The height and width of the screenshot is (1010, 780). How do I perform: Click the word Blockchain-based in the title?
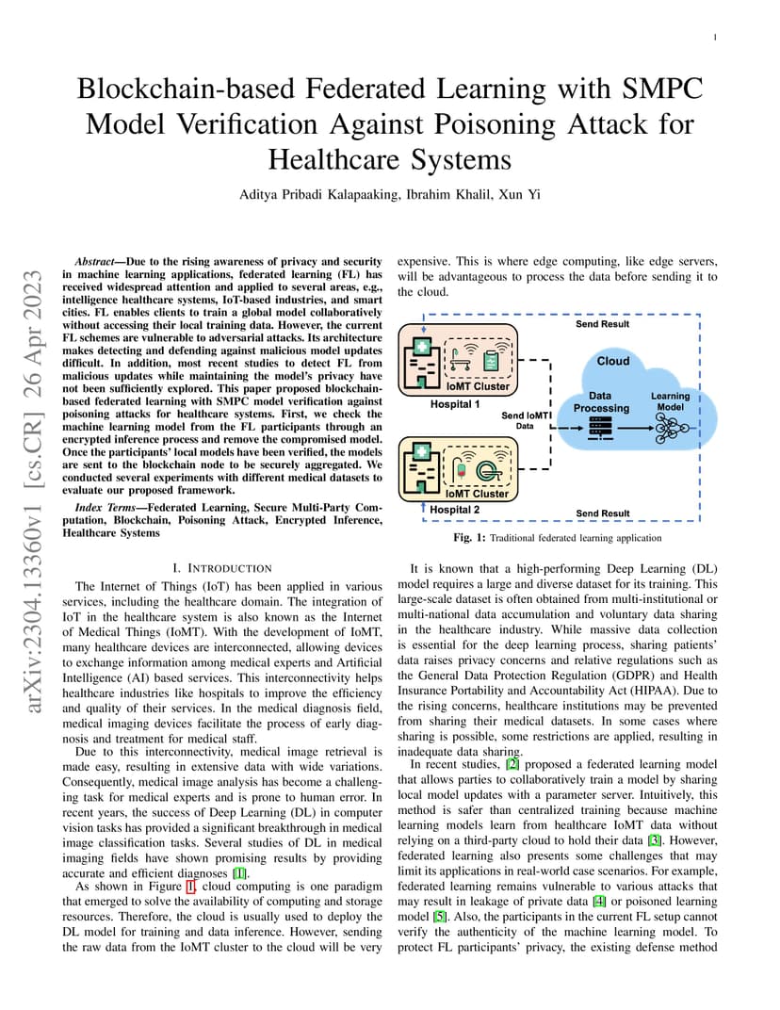187,89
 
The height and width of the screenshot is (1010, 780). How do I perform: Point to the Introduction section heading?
222,568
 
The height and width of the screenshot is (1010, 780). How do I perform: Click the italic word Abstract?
95,262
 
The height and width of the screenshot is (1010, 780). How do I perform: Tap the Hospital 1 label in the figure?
455,404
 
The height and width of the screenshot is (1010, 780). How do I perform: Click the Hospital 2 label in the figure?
455,510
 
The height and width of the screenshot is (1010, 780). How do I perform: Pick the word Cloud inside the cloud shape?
613,362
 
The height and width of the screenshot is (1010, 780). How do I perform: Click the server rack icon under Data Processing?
600,428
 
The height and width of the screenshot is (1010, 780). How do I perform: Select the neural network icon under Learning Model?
671,428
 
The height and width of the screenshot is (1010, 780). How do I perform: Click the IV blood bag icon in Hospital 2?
461,468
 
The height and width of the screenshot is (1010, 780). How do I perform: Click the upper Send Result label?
602,324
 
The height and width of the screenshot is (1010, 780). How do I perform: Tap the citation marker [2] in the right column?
512,765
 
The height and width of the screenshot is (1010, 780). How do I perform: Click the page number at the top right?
715,38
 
